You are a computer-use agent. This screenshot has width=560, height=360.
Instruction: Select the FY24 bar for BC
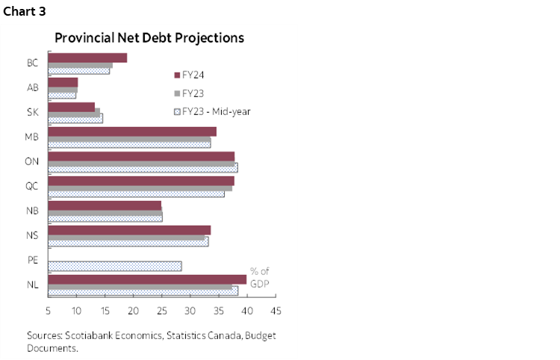pyautogui.click(x=87, y=58)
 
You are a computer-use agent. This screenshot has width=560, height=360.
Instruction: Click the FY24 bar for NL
pyautogui.click(x=147, y=279)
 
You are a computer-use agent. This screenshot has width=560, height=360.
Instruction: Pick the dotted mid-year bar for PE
pyautogui.click(x=114, y=266)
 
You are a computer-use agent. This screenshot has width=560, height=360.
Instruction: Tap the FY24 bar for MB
pyautogui.click(x=132, y=131)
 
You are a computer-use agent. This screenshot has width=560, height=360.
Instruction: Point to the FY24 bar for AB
pyautogui.click(x=63, y=82)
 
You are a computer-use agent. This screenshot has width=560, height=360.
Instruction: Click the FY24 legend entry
pyautogui.click(x=193, y=75)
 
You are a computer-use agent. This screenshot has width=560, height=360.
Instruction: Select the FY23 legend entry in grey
pyautogui.click(x=193, y=93)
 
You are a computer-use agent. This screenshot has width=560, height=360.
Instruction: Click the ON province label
pyautogui.click(x=33, y=161)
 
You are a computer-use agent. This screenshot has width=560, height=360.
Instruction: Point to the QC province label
pyautogui.click(x=33, y=186)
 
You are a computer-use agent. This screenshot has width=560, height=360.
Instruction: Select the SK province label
pyautogui.click(x=33, y=112)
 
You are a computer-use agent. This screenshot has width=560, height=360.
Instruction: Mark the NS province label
pyautogui.click(x=33, y=235)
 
